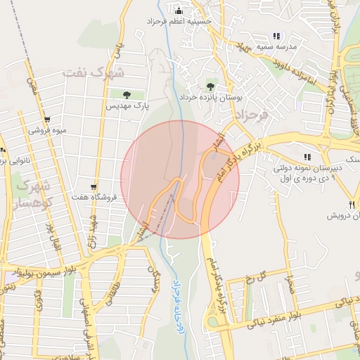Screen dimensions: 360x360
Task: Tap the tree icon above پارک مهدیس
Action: point(127,95)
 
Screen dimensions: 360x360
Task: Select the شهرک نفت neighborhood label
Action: point(93,72)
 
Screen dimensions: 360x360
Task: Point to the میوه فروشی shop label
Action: point(48,131)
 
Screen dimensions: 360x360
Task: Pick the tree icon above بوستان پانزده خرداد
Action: point(212,84)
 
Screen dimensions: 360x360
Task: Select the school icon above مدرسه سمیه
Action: point(276,35)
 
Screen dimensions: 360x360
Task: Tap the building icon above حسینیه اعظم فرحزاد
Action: point(179,11)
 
